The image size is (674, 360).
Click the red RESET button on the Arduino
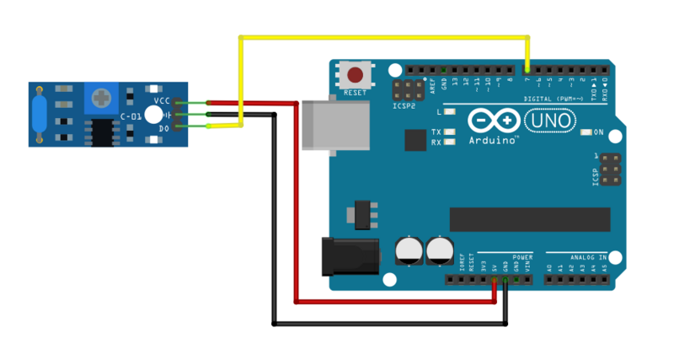coord(357,73)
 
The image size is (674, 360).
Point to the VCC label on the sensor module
coord(163,100)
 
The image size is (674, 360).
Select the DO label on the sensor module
coord(163,127)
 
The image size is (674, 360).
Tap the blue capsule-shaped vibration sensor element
coord(40,113)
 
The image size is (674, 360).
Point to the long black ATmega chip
coord(529,218)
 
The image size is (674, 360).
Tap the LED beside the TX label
coord(451,132)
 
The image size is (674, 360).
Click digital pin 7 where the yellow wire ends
coord(527,69)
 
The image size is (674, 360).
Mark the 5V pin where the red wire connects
coord(494,279)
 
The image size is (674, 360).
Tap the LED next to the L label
coord(451,111)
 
